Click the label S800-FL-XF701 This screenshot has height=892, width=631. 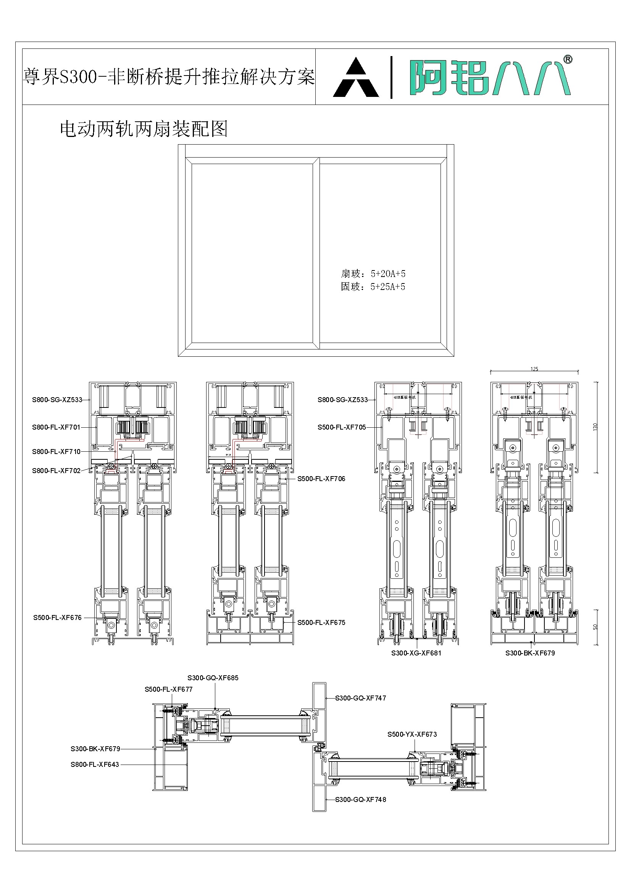tap(56, 427)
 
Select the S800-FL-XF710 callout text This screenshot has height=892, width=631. tap(56, 452)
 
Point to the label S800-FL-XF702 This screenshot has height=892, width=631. tap(56, 471)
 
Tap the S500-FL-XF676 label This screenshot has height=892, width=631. tap(57, 618)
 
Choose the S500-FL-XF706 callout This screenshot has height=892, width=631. tap(321, 479)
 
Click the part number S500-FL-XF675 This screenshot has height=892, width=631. tap(321, 622)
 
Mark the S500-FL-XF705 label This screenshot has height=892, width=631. tap(342, 427)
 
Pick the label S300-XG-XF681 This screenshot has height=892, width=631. tap(416, 653)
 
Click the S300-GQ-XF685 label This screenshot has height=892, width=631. tap(213, 678)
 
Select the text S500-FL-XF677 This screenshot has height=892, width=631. tap(168, 689)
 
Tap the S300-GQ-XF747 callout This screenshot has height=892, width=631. tap(360, 698)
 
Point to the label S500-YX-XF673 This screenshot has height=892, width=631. tap(412, 734)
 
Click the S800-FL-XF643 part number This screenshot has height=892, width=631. tap(94, 765)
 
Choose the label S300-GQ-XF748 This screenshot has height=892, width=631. tap(360, 800)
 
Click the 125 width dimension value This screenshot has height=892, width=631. tap(534, 369)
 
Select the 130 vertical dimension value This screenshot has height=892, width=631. tap(595, 427)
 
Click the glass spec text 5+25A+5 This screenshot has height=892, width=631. tap(387, 287)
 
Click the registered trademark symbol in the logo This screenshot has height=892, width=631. tap(568, 59)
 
